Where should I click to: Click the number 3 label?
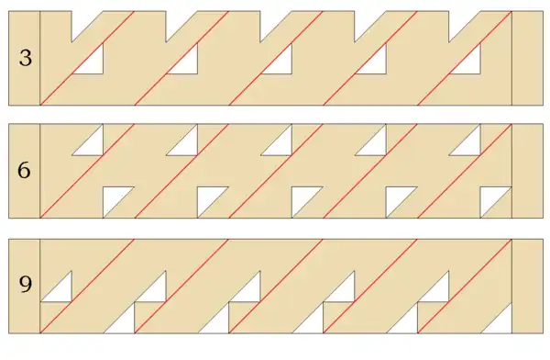tap(25, 58)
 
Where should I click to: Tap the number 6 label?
tap(25, 171)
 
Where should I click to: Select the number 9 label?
tap(25, 286)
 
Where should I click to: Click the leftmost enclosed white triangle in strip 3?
tap(93, 63)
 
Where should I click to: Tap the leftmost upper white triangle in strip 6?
tap(93, 145)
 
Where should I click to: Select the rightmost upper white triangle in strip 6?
tap(471, 145)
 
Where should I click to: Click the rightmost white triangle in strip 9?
tap(500, 321)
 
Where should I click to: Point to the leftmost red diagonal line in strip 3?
tap(88, 57)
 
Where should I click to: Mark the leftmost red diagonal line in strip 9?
tap(88, 285)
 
